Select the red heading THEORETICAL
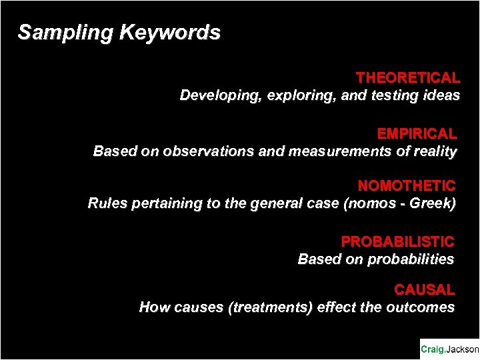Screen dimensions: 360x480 pyautogui.click(x=407, y=78)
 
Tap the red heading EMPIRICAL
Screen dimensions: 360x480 pyautogui.click(x=417, y=133)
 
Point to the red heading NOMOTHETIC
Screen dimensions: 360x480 pyautogui.click(x=407, y=185)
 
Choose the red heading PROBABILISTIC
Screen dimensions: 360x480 pyautogui.click(x=398, y=241)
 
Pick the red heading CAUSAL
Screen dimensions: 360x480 pyautogui.click(x=425, y=290)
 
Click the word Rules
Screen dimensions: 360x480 pyautogui.click(x=105, y=203)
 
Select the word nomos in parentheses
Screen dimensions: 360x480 pyautogui.click(x=365, y=203)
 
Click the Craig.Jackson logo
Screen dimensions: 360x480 pyautogui.click(x=449, y=349)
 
